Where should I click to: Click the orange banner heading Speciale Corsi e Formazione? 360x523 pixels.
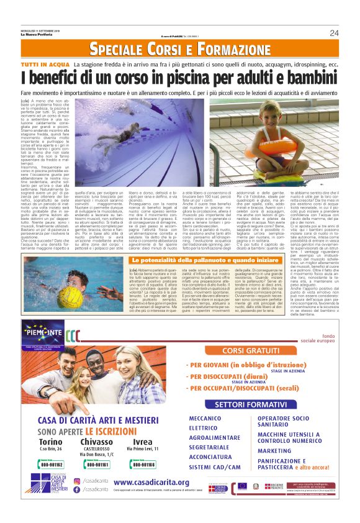(179, 49)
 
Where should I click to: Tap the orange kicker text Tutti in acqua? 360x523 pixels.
(45, 65)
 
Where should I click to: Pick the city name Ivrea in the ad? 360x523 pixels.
(142, 442)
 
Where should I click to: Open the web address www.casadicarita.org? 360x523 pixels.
(151, 482)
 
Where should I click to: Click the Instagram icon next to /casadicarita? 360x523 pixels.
(76, 481)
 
